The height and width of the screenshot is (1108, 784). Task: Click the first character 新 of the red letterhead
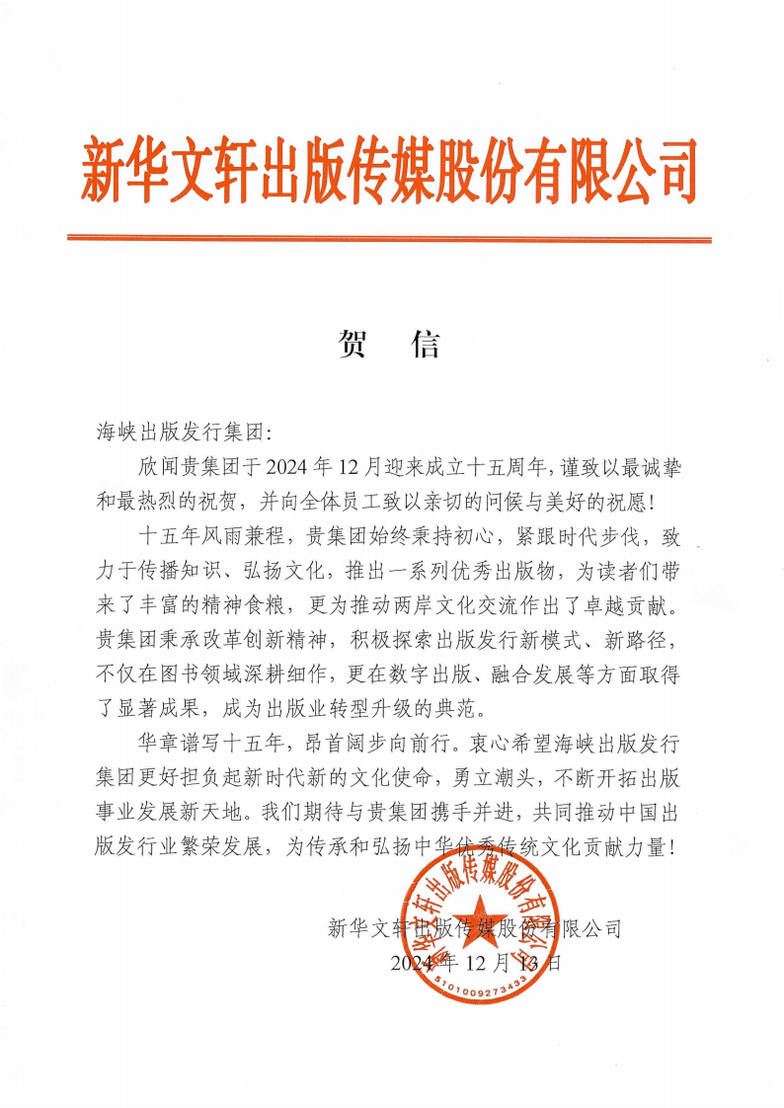107,171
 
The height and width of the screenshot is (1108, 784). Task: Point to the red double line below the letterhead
389,238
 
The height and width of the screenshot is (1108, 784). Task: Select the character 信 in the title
425,344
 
